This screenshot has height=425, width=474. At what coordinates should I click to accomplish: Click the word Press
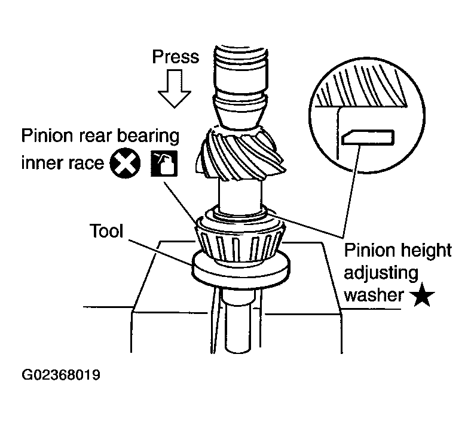click(x=175, y=57)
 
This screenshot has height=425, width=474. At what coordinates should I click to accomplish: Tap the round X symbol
click(x=125, y=162)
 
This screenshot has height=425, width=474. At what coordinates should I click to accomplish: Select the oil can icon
click(x=162, y=163)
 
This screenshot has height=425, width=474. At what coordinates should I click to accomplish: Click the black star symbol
click(x=423, y=295)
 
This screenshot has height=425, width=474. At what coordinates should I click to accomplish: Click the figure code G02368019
click(x=60, y=376)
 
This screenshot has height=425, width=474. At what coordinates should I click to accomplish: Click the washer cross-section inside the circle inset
click(x=368, y=137)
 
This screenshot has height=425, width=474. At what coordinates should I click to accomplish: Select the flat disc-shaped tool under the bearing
click(x=239, y=272)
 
